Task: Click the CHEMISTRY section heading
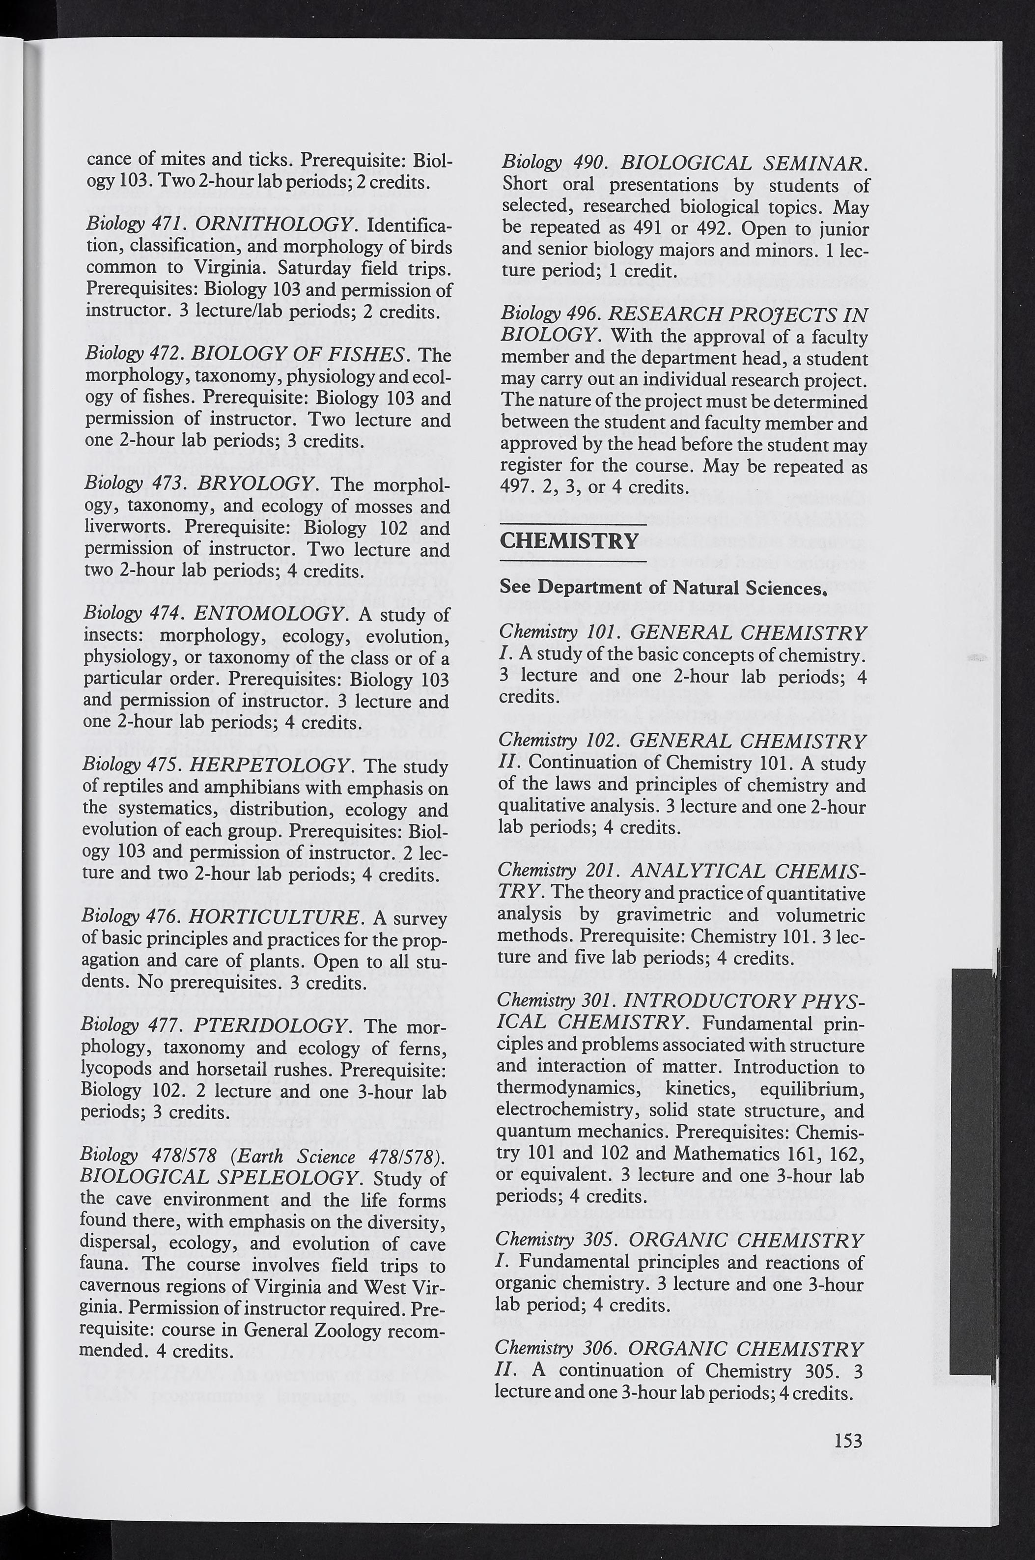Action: [x=569, y=541]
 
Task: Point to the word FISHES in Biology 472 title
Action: [x=359, y=355]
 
